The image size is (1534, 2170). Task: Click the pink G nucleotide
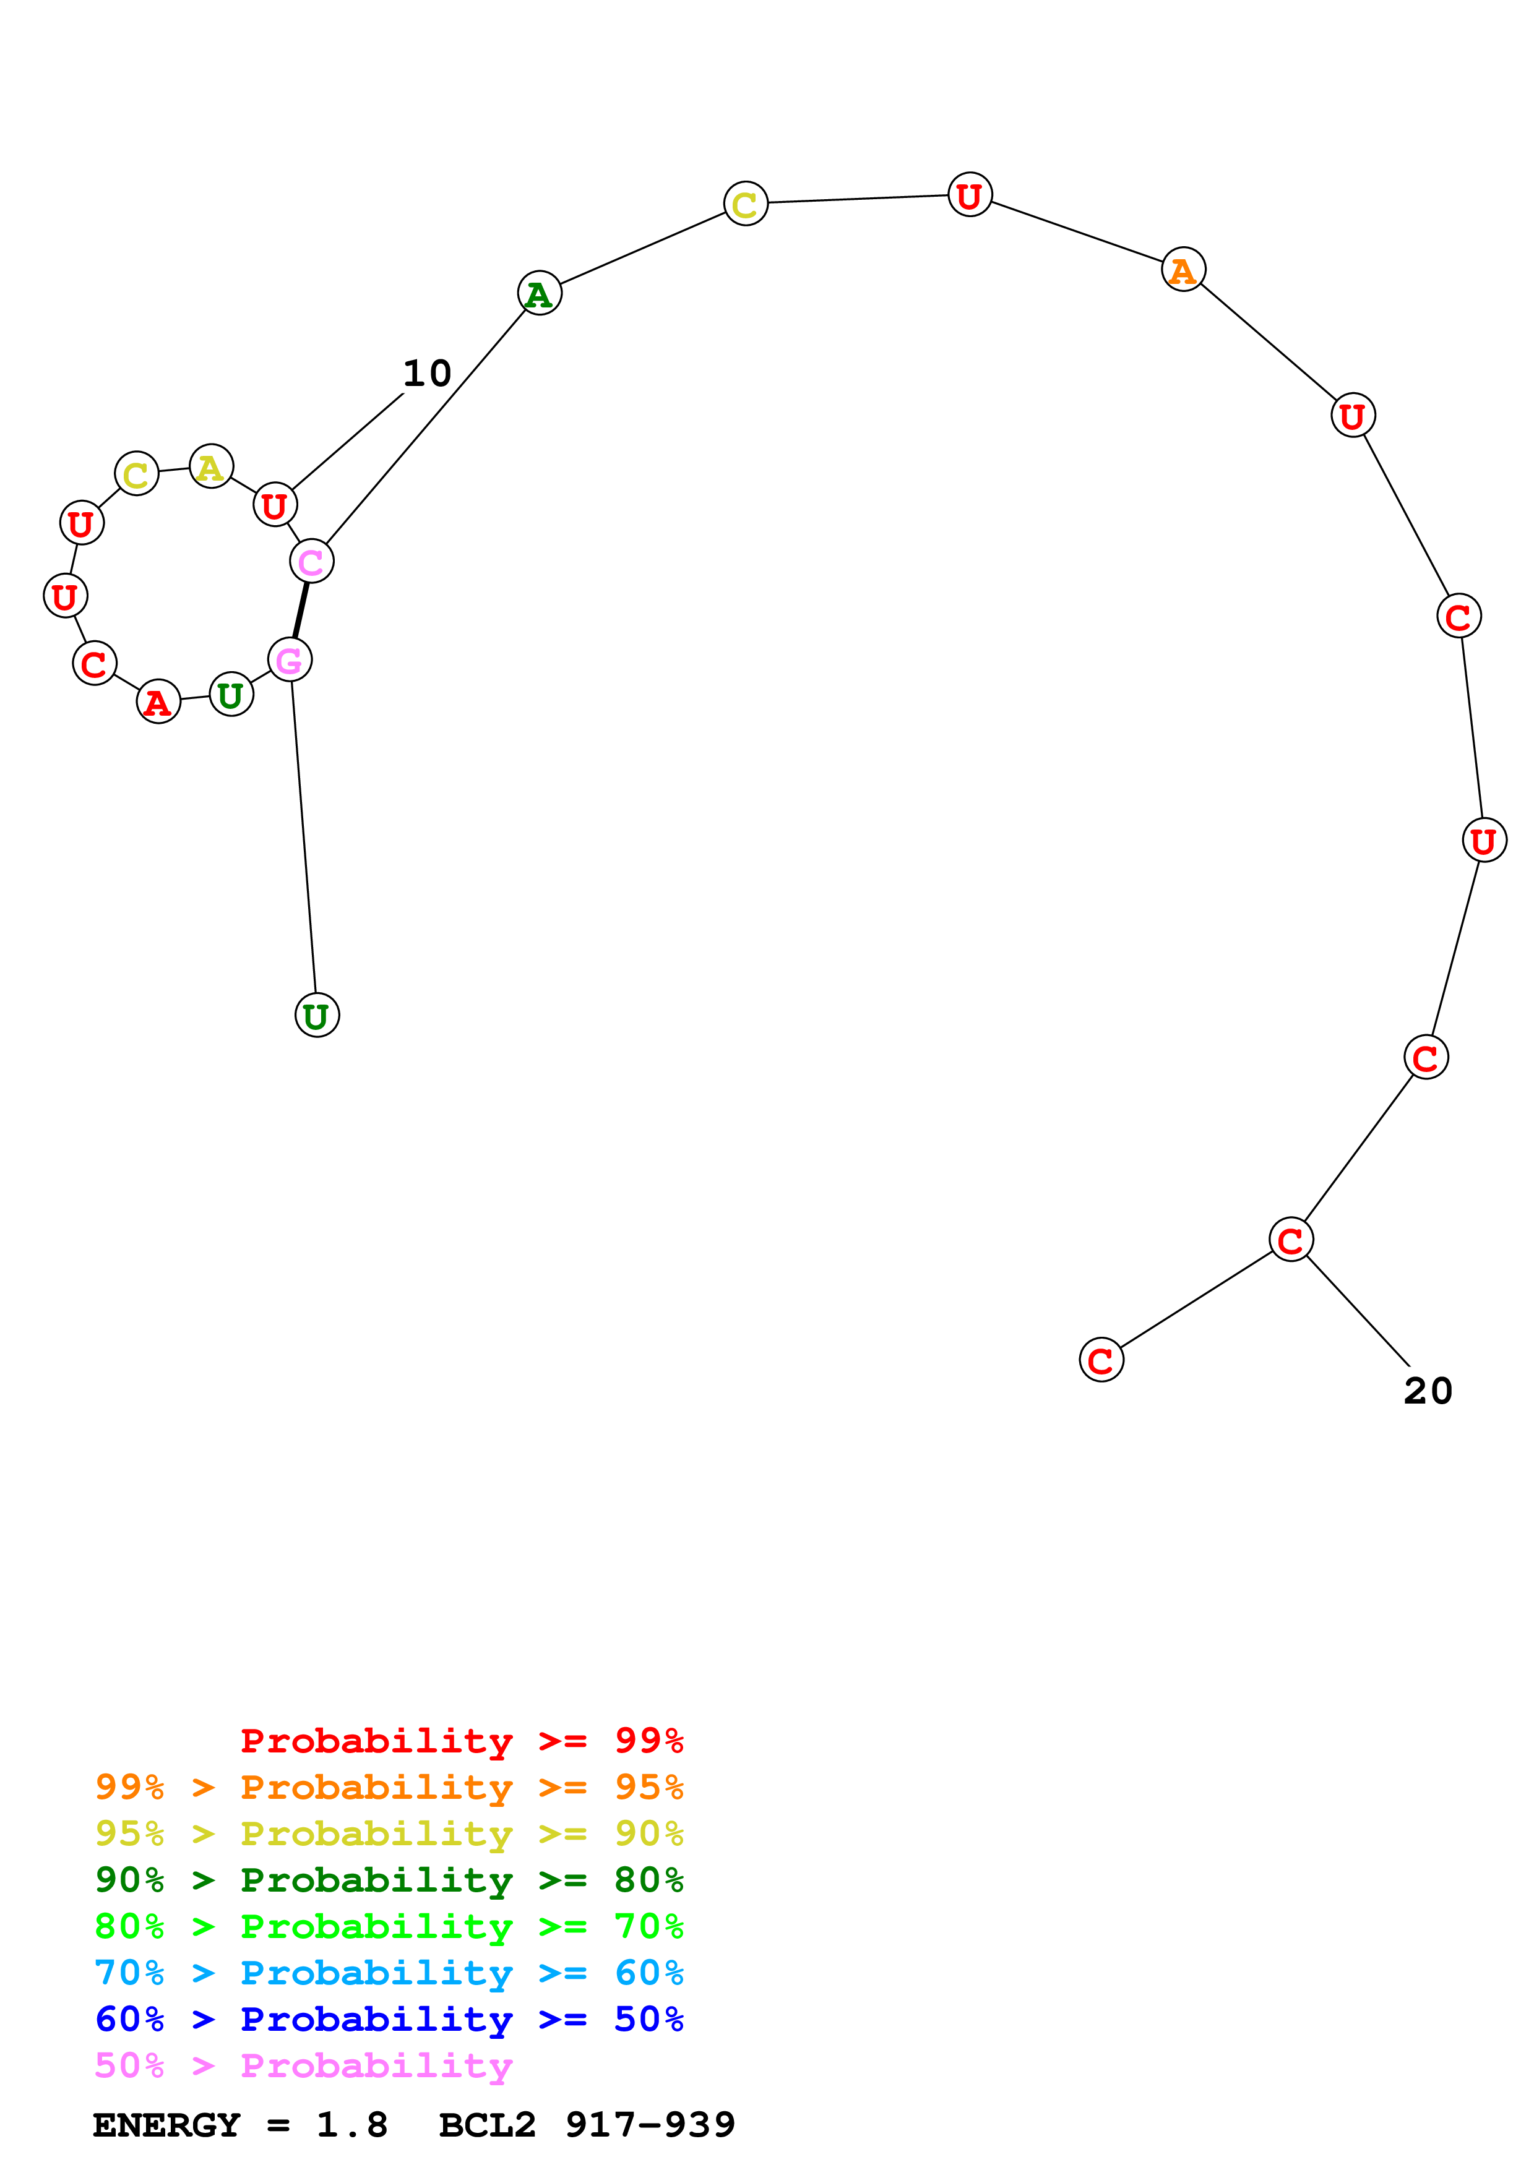pyautogui.click(x=289, y=659)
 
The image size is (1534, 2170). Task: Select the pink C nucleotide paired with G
pyautogui.click(x=311, y=562)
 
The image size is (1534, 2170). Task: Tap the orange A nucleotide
pyautogui.click(x=1183, y=270)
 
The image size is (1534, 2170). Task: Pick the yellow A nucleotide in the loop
pyautogui.click(x=211, y=467)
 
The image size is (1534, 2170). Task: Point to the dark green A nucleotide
pyautogui.click(x=540, y=294)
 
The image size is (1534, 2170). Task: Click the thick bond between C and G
pyautogui.click(x=301, y=611)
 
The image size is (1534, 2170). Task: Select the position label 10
pyautogui.click(x=427, y=374)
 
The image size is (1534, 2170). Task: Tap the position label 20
pyautogui.click(x=1427, y=1391)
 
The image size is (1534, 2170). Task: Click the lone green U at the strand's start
pyautogui.click(x=317, y=1016)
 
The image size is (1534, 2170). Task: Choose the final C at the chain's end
pyautogui.click(x=1101, y=1361)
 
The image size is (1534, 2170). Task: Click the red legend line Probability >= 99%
pyautogui.click(x=461, y=1741)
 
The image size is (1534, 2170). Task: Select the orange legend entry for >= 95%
pyautogui.click(x=389, y=1787)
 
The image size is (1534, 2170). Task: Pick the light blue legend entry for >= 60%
pyautogui.click(x=389, y=1973)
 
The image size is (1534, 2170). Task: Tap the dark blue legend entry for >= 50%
pyautogui.click(x=389, y=2019)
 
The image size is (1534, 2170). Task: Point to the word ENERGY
pyautogui.click(x=166, y=2125)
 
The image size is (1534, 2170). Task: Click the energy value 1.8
pyautogui.click(x=351, y=2125)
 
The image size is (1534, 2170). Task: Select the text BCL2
pyautogui.click(x=487, y=2125)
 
